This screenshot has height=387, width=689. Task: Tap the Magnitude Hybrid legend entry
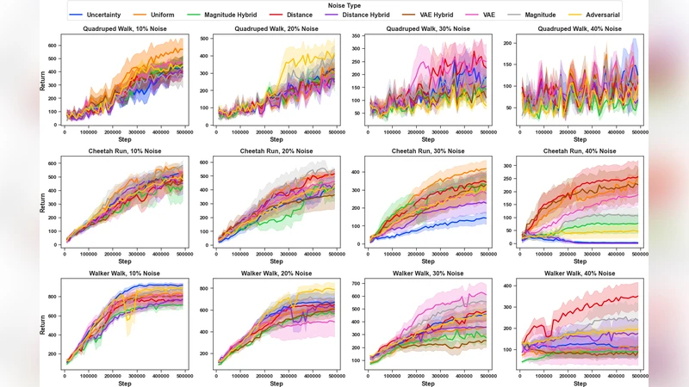point(228,15)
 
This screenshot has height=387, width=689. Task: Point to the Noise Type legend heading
point(344,5)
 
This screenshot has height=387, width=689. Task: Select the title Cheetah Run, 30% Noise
point(427,150)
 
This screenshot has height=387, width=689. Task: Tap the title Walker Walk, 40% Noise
point(580,273)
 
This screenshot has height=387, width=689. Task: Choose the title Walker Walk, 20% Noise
point(276,273)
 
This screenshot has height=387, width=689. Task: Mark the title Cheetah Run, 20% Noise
point(276,150)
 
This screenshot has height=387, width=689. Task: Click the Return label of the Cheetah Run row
point(42,203)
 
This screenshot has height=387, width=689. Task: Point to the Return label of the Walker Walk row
point(42,325)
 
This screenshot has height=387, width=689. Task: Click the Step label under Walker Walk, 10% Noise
point(125,384)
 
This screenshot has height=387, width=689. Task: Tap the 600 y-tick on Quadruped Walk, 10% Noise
point(52,45)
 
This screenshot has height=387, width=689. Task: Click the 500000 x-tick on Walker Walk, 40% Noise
point(640,375)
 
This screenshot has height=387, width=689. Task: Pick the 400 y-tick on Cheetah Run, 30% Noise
point(357,171)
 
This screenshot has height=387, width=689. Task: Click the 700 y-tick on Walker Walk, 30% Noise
point(357,283)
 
